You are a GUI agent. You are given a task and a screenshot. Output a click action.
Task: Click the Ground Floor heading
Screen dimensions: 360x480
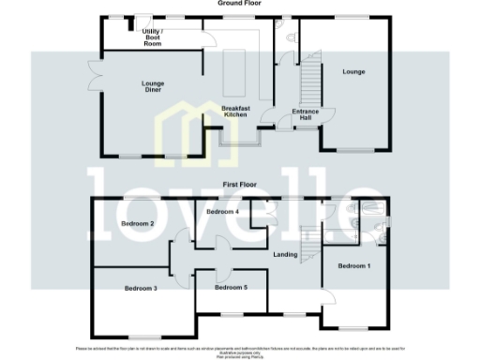(240, 4)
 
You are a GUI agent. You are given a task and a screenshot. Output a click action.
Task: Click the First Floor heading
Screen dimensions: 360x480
(239, 186)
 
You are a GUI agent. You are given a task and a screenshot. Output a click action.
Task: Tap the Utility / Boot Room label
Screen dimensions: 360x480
(152, 38)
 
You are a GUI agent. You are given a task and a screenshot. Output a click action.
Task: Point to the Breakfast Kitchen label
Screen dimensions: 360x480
(234, 112)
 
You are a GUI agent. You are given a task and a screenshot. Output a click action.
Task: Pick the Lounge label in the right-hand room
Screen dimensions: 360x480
(353, 71)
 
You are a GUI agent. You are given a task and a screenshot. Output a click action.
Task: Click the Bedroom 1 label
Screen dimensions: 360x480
(353, 267)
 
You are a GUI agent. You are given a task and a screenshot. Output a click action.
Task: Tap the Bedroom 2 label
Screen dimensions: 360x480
(138, 223)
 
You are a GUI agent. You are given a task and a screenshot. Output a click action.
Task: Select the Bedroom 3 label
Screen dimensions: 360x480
(140, 289)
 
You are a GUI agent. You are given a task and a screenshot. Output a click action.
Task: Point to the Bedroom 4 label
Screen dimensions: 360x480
(223, 212)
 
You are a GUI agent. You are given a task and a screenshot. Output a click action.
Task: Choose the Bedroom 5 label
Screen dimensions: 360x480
(232, 287)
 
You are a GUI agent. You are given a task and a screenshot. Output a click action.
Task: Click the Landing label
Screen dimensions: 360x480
(286, 254)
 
